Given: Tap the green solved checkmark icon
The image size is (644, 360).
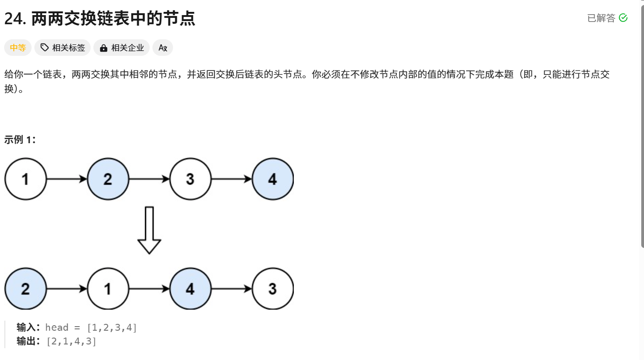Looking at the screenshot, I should pos(623,18).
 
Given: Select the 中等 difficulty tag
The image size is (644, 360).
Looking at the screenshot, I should pos(18,48).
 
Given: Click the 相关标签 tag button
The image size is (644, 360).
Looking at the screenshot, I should pos(63,48).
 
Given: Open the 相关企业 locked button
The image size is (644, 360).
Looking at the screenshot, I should pos(122,48).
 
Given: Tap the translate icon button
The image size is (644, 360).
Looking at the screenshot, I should pos(162,48).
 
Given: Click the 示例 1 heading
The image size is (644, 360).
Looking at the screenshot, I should pos(20,140).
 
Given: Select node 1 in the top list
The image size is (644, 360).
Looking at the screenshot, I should pos(26,179).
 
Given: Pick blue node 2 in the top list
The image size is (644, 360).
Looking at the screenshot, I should pos(108,179).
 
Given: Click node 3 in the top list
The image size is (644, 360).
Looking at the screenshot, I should pos(190,179).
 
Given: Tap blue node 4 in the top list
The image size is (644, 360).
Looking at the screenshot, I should pos(273,179).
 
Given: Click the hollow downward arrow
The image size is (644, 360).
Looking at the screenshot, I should pos(149,230).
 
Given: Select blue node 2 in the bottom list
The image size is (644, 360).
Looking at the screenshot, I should pos(26,289).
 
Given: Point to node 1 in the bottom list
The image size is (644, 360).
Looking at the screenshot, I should pos(108,289).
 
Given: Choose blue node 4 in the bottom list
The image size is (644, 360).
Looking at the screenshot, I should pos(190,289).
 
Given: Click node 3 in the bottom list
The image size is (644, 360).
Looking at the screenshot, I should pos(273,289).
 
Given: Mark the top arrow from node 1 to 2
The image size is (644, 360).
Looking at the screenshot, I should pos(67,179).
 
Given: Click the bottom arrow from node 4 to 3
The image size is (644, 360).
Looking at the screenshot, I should pos(232,289).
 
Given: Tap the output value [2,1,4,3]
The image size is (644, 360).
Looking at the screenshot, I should pos(71,341).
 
